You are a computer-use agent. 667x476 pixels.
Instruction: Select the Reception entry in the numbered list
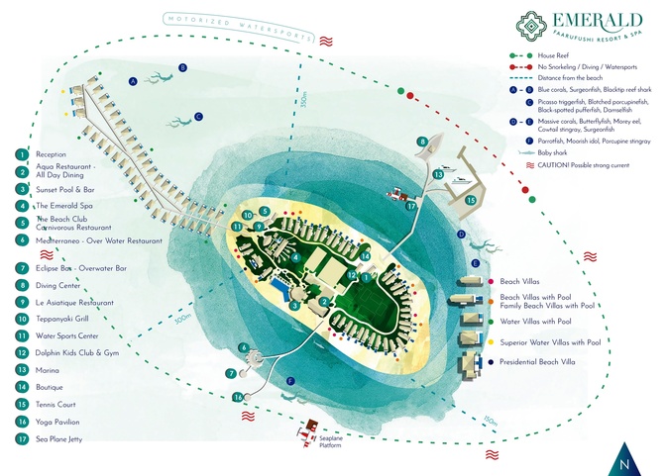pos(51,154)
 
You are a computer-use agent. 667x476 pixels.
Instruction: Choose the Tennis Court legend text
pos(57,404)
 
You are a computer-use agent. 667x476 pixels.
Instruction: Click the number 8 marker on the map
pos(422,142)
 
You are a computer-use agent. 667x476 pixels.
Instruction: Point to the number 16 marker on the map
pos(237,397)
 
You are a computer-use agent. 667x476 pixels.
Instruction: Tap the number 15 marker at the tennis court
pos(471,200)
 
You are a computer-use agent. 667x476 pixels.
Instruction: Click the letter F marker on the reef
pos(289,380)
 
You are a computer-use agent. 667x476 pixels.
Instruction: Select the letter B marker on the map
pos(183,67)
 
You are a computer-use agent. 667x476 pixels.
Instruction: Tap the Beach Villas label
pos(520,282)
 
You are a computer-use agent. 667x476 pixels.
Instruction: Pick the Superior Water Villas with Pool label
pos(550,342)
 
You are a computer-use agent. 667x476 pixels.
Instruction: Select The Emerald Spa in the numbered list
pos(58,205)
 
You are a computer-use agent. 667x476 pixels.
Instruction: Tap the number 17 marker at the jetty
pos(410,207)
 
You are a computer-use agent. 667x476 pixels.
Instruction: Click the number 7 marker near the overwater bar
pos(230,373)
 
